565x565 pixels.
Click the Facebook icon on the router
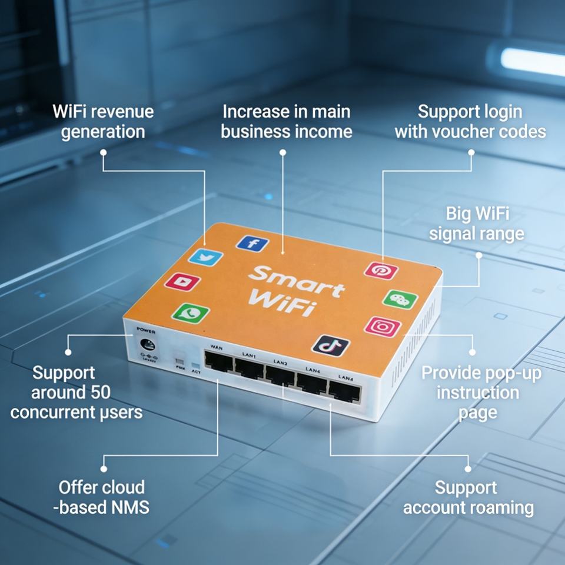coord(252,243)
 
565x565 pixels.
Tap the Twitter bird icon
coord(207,257)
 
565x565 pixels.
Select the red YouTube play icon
coord(182,281)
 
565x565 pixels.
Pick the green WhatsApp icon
coord(191,312)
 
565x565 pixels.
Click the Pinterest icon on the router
coord(381,271)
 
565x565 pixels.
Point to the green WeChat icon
coord(400,299)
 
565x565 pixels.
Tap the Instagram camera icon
coord(383,327)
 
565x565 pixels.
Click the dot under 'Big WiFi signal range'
coord(478,255)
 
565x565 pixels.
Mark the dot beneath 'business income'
coord(283,152)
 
